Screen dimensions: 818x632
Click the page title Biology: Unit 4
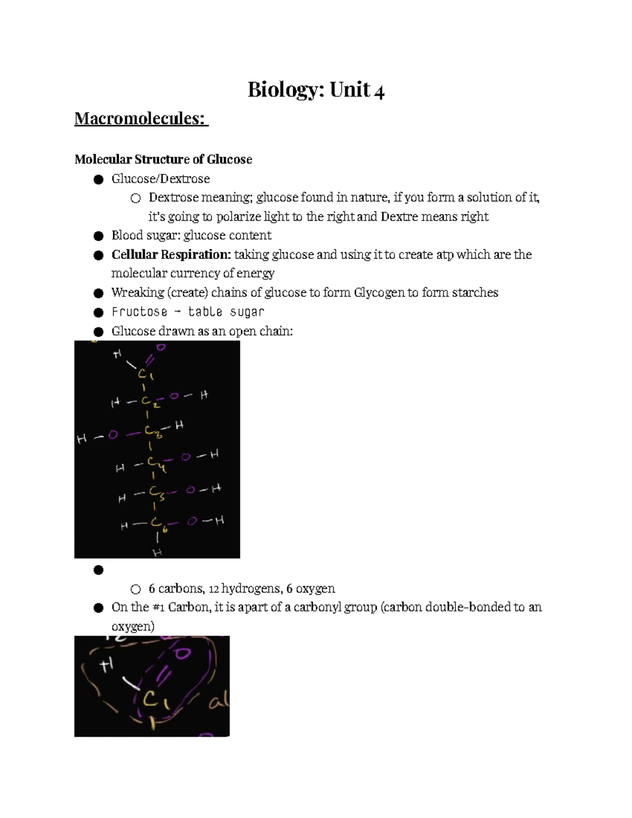click(x=316, y=90)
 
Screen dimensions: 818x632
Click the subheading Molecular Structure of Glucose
click(x=163, y=160)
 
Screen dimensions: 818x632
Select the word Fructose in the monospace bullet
click(x=139, y=312)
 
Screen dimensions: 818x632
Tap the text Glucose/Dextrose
click(x=161, y=179)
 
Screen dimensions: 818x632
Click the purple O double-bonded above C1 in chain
click(x=161, y=347)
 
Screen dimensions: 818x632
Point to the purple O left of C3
click(x=112, y=435)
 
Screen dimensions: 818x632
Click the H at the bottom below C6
click(x=157, y=552)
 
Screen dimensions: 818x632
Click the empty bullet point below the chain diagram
click(x=97, y=570)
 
